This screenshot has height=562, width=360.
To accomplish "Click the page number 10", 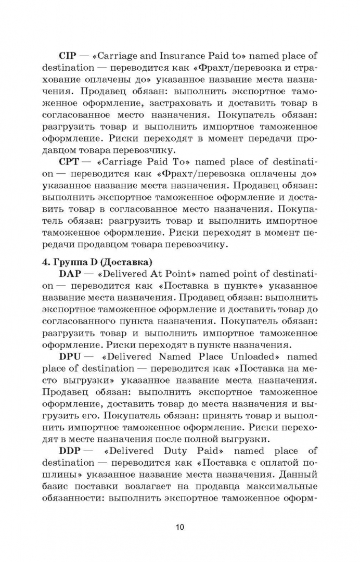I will point(179,527).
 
